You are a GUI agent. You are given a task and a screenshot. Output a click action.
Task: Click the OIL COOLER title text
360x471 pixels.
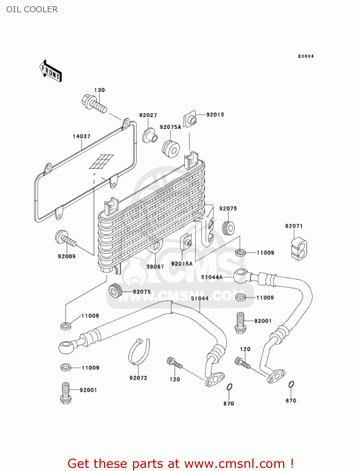tap(32, 9)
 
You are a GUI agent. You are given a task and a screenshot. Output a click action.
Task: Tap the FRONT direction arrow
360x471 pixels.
tap(50, 71)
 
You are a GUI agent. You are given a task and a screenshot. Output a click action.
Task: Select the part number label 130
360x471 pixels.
tap(99, 90)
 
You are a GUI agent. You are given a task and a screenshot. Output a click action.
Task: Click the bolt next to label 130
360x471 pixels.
tap(94, 103)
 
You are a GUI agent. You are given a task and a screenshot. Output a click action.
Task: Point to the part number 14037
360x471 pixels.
tap(82, 136)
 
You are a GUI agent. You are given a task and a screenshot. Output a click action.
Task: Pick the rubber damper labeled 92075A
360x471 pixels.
tap(171, 149)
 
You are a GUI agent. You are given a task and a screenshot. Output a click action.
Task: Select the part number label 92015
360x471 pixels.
tap(215, 115)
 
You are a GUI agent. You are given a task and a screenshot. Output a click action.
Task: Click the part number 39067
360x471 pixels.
tap(155, 267)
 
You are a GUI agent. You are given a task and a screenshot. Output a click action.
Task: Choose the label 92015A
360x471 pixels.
tap(182, 264)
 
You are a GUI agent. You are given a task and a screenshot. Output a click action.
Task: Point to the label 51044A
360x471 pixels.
tap(212, 277)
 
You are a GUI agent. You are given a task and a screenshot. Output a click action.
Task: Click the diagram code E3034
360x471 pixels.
tap(306, 56)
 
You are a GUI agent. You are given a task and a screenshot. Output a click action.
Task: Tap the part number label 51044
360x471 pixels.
tap(200, 298)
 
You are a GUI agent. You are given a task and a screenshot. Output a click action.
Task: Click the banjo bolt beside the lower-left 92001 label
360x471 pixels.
tap(66, 393)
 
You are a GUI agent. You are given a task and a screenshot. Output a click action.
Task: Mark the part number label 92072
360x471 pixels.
tap(138, 378)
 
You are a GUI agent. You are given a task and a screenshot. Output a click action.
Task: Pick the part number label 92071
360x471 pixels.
tap(294, 226)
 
